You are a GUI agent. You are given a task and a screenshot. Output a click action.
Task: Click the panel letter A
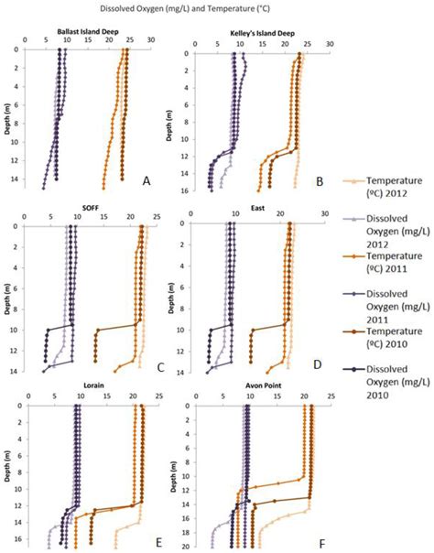(145, 181)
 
